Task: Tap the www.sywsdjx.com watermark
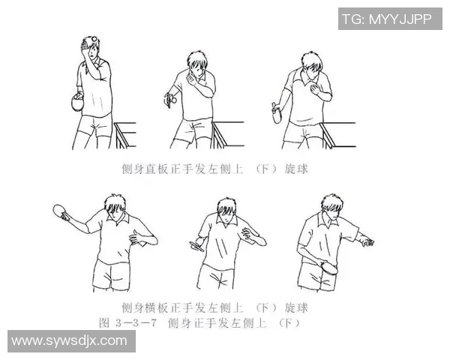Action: (69, 340)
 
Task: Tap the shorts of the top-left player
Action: (94, 124)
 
